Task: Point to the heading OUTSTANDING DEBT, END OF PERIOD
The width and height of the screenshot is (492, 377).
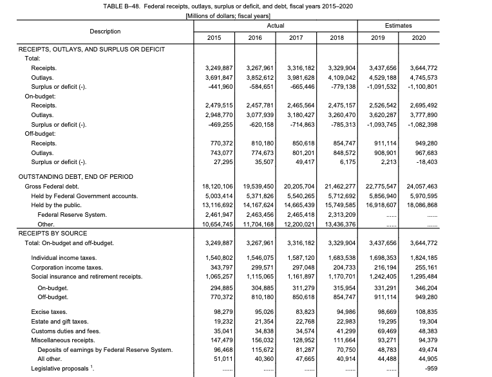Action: [x=76, y=176]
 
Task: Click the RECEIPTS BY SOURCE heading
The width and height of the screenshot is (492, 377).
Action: [x=53, y=233]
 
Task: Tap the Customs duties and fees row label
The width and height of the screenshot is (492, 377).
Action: [x=66, y=330]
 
